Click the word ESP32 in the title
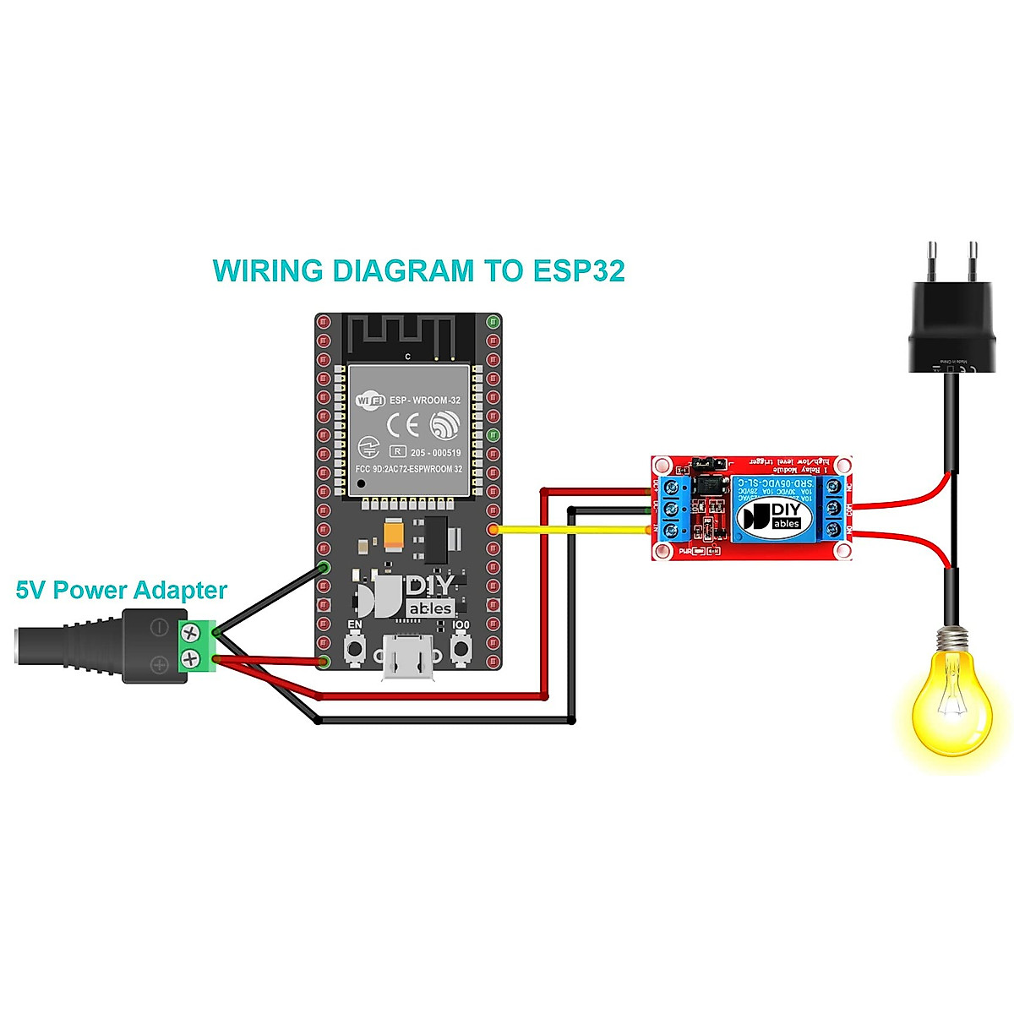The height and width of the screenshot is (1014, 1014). click(579, 271)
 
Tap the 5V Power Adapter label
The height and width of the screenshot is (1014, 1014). click(122, 590)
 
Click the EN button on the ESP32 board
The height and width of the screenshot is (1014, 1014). click(356, 649)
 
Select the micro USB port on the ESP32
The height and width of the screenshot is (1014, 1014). click(408, 658)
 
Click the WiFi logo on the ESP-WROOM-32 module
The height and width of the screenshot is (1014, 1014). click(370, 400)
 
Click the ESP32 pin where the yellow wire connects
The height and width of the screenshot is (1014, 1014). click(493, 530)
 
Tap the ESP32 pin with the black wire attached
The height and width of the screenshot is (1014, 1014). click(324, 567)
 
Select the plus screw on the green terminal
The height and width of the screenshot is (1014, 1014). click(191, 657)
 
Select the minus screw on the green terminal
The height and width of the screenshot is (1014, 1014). click(191, 630)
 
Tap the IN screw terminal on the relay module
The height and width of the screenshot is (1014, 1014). click(673, 531)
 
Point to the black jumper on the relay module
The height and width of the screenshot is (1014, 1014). click(703, 464)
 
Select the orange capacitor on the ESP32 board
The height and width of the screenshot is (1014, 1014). click(394, 534)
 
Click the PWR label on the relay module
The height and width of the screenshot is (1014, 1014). click(686, 551)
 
